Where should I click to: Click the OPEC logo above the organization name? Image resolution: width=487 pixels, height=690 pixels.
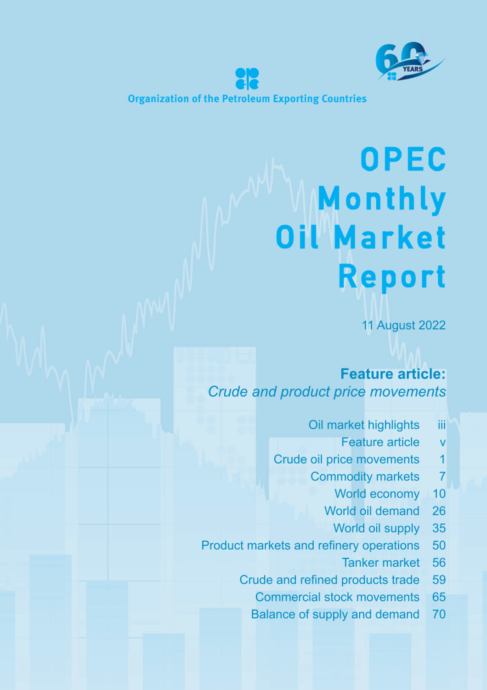[247, 79]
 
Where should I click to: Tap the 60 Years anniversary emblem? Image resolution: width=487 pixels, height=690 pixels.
[409, 62]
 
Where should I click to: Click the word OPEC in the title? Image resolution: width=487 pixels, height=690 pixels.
[403, 159]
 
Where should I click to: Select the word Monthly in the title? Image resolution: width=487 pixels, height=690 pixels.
[381, 200]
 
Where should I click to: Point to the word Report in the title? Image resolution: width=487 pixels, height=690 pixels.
[392, 277]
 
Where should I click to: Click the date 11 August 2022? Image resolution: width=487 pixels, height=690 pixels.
[404, 325]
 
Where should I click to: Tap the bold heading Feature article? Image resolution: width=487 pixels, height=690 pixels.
[393, 374]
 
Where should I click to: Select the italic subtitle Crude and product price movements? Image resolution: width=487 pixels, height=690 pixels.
[327, 392]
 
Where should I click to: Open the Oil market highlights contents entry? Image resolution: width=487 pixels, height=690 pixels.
[363, 425]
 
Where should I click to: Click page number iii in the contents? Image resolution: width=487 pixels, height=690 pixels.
[442, 425]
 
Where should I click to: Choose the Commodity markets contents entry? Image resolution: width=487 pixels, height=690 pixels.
[365, 477]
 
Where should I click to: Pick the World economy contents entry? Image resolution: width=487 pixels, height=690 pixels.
[377, 494]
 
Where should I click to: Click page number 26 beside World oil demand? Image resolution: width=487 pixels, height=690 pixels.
[439, 511]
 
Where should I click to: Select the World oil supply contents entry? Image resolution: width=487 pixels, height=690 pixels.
[376, 528]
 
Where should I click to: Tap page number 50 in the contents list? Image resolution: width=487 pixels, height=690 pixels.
[439, 546]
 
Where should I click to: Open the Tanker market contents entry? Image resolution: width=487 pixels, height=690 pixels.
[380, 563]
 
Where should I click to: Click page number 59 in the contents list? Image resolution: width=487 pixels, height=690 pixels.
[439, 580]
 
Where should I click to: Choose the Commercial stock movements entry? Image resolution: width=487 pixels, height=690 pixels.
[337, 597]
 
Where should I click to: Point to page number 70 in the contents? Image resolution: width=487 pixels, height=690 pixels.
[439, 615]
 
